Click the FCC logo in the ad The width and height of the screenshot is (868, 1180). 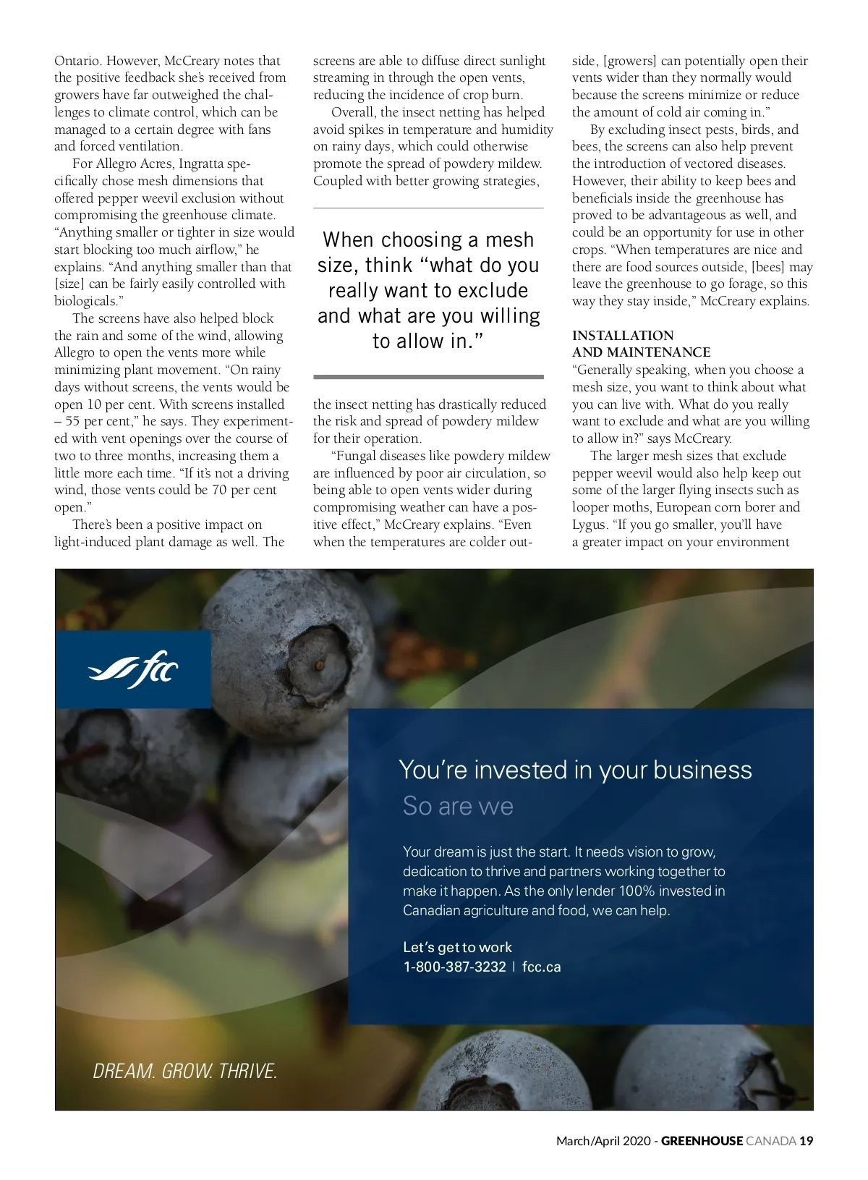134,670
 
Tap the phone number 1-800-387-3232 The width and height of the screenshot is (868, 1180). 454,967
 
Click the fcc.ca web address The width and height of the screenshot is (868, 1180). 541,967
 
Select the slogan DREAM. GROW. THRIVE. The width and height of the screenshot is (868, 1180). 185,1071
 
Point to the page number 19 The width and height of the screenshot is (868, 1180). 807,1141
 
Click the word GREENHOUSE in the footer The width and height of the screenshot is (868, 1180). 702,1141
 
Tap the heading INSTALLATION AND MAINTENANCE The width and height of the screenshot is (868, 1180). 641,344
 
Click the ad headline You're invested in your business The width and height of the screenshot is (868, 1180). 575,770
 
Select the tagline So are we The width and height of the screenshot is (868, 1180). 458,806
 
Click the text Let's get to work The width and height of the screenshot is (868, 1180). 457,947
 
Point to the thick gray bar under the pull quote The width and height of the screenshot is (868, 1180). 428,377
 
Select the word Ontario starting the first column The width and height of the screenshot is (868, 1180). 77,61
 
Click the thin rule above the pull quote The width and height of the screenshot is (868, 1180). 428,208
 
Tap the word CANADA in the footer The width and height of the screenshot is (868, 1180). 771,1141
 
